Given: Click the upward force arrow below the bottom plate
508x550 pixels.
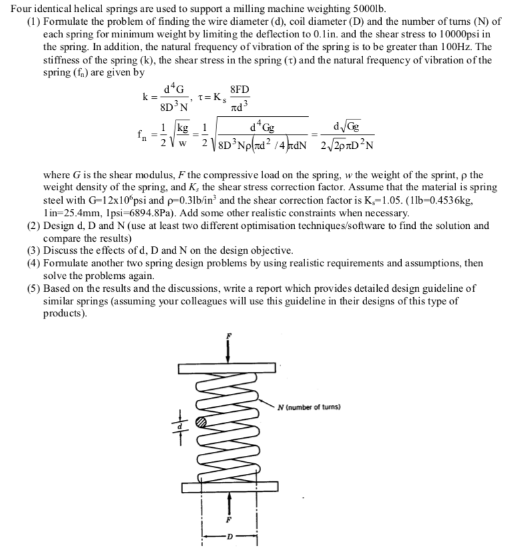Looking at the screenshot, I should [228, 502].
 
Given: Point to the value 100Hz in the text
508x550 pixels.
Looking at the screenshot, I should [441, 47].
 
